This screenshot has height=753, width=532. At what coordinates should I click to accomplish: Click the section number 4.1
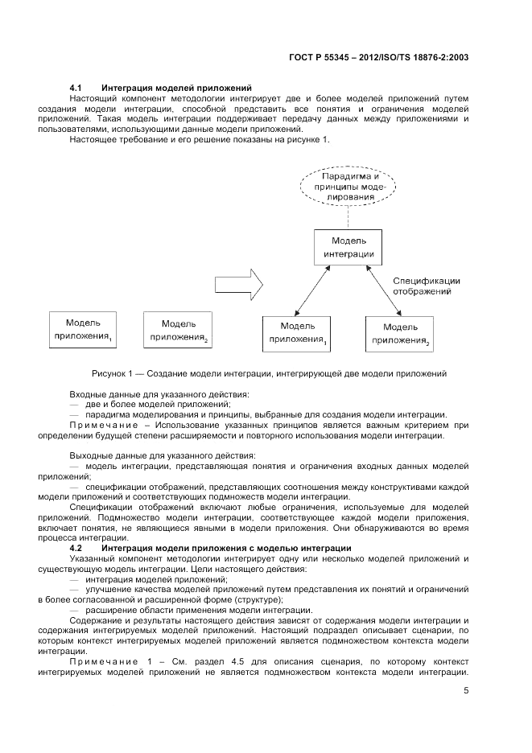click(76, 88)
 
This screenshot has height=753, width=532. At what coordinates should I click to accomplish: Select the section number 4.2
click(76, 548)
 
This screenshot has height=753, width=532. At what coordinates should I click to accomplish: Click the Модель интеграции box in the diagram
click(348, 248)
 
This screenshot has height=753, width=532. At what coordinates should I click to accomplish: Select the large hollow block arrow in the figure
click(239, 283)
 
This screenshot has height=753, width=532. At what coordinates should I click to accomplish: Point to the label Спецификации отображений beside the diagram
click(426, 286)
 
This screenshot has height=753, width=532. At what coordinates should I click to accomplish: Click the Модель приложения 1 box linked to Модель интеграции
click(297, 333)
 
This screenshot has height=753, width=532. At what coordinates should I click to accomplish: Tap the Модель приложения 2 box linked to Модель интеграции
click(399, 334)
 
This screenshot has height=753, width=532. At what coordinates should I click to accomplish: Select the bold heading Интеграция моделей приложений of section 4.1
click(177, 88)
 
